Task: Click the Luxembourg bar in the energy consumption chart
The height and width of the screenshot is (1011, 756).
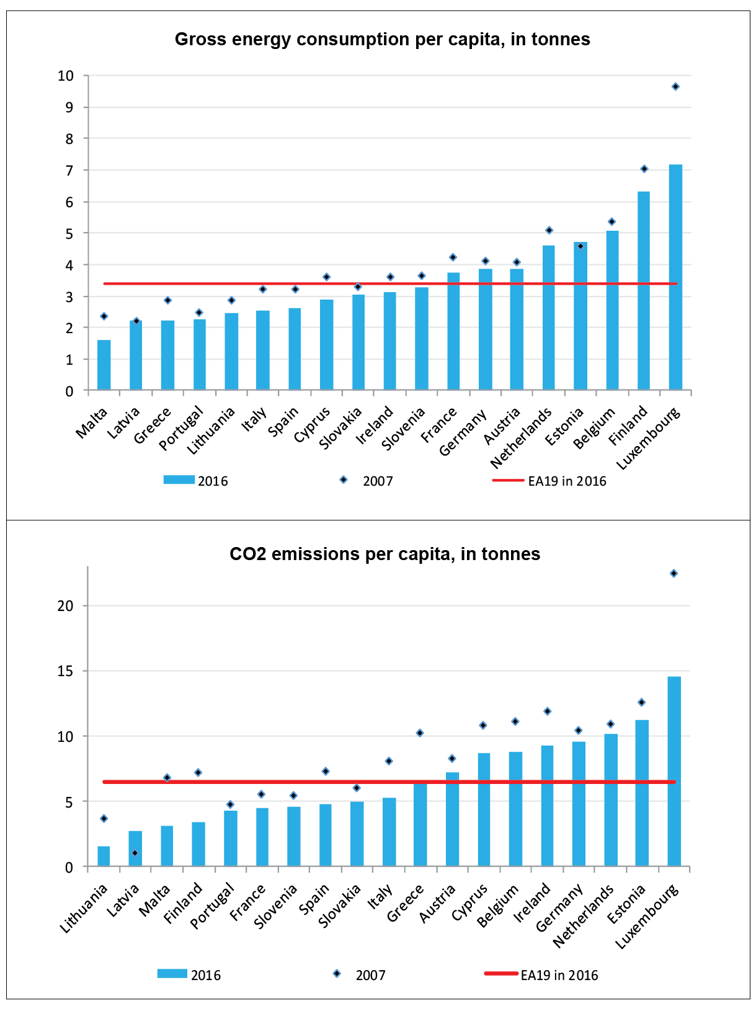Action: (675, 277)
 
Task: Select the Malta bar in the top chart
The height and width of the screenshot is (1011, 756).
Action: (104, 365)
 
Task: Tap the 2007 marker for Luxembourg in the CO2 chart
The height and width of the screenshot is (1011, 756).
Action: (674, 574)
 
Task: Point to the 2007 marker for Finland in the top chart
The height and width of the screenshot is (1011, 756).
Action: (644, 169)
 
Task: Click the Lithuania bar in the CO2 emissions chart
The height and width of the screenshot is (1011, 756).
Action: (104, 857)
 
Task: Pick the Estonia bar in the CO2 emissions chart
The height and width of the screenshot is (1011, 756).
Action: (642, 793)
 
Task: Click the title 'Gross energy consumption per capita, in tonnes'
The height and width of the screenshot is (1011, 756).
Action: (382, 39)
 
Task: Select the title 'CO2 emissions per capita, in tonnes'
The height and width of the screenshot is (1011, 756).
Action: (385, 554)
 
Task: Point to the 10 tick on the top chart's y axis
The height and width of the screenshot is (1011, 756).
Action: (66, 76)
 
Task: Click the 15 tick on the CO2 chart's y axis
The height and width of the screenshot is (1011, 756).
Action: (66, 671)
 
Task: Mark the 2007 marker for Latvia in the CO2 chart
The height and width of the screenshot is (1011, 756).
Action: (135, 853)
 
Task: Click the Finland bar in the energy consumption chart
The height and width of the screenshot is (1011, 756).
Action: (644, 290)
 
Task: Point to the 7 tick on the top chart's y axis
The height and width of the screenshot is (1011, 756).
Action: (69, 171)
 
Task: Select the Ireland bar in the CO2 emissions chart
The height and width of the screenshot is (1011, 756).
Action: (547, 806)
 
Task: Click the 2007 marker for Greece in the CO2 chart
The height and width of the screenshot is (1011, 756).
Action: (420, 733)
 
